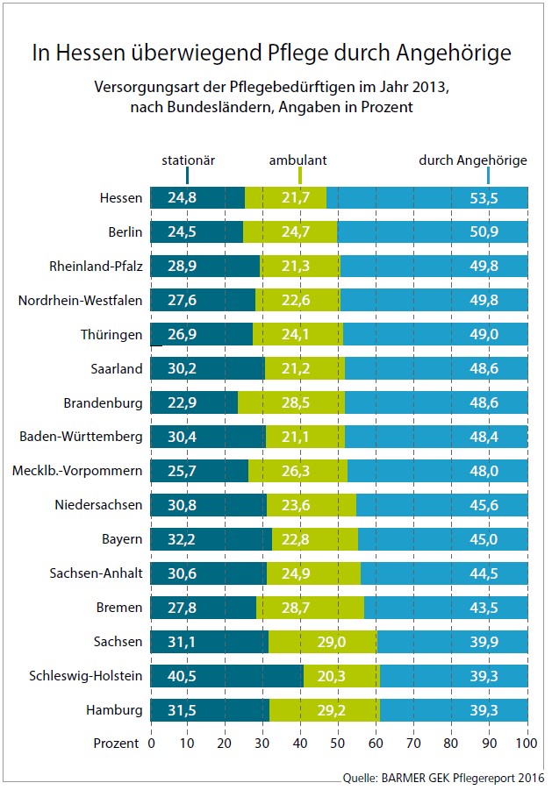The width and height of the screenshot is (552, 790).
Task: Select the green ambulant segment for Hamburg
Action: click(324, 709)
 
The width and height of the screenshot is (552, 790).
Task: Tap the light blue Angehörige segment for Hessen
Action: click(427, 198)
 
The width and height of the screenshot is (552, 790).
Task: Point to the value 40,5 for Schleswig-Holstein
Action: click(182, 675)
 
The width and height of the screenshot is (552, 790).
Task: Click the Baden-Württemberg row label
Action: click(81, 437)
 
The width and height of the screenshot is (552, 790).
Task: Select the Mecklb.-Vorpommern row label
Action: click(77, 471)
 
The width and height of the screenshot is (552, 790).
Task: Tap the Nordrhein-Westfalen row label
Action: click(80, 301)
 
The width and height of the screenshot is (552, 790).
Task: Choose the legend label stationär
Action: click(188, 160)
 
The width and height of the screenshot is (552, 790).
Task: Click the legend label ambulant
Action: click(298, 160)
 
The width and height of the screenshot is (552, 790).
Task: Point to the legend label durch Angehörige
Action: click(473, 160)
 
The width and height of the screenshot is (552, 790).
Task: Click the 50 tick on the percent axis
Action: click(339, 744)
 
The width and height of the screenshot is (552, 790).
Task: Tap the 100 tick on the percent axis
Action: click(527, 744)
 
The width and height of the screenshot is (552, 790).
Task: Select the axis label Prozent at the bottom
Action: click(117, 744)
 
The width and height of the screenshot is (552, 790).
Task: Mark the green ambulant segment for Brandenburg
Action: click(290, 402)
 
